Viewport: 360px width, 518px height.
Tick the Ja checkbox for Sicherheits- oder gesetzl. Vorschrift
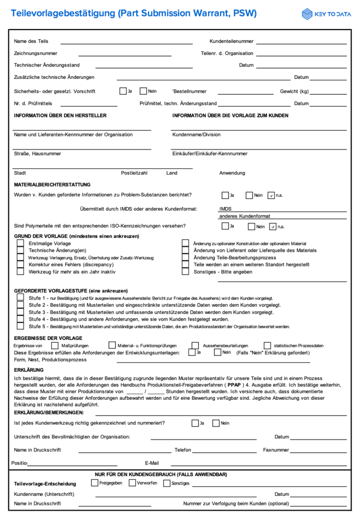[x=123, y=91]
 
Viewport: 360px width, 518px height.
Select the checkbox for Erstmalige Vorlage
[x=21, y=243]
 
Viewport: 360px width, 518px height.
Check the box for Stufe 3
[x=21, y=312]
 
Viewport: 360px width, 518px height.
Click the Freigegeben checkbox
[x=95, y=483]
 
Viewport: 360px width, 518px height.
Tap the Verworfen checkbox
[x=132, y=483]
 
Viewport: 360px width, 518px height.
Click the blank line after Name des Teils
[x=127, y=42]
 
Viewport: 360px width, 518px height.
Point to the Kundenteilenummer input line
[x=301, y=42]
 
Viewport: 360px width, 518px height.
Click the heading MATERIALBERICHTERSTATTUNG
[x=52, y=185]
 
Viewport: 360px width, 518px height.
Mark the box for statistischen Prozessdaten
[x=268, y=345]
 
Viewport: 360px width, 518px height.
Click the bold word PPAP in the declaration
[x=234, y=384]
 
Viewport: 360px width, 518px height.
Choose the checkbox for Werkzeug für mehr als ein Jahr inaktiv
[x=21, y=271]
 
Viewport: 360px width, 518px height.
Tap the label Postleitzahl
[x=134, y=173]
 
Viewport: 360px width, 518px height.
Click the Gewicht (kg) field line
[x=328, y=93]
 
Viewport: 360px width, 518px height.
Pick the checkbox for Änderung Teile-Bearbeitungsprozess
[x=186, y=257]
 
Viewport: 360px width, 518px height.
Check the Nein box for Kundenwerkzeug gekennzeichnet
[x=216, y=423]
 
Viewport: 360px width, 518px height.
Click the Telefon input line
[x=225, y=451]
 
